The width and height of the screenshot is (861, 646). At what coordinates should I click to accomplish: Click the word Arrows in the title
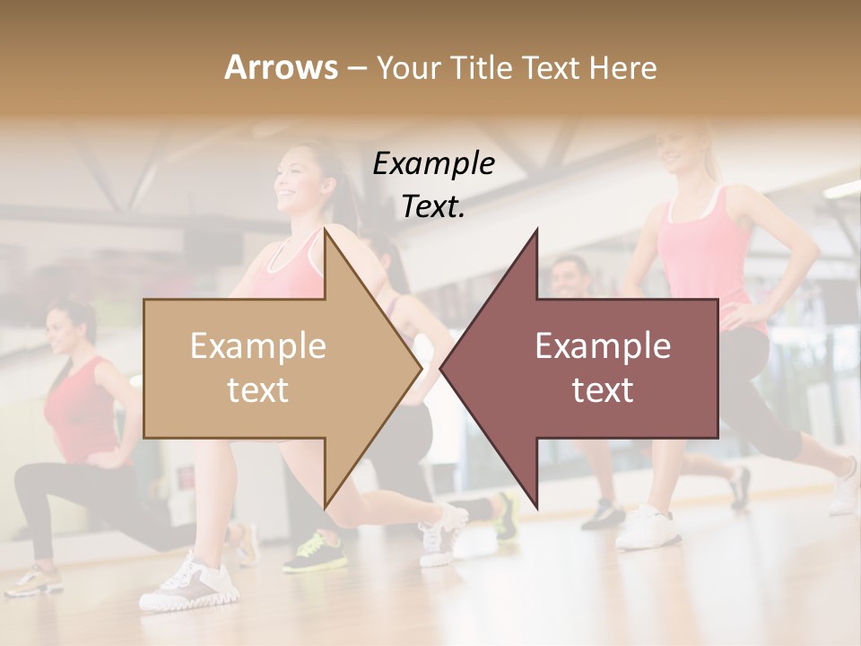point(280,67)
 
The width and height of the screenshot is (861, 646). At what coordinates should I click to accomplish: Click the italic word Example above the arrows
point(433,163)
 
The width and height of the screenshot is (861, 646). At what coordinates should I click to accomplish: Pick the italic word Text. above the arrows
point(433,206)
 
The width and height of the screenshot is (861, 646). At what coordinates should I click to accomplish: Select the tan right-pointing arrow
point(269,368)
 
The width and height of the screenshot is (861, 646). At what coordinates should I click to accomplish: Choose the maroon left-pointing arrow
point(592,368)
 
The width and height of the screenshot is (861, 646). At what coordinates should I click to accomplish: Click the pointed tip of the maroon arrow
point(443,368)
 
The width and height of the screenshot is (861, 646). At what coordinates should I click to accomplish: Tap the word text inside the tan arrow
point(257,390)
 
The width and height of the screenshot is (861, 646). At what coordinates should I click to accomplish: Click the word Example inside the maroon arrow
point(603,346)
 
